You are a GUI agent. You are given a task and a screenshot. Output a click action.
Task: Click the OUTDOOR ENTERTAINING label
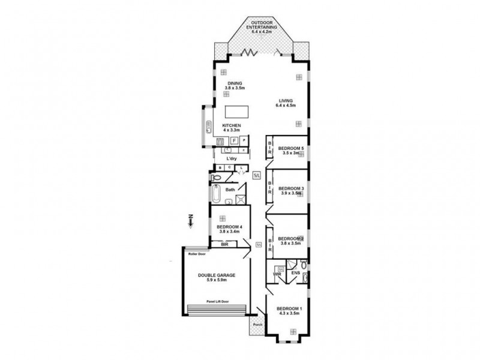pos(260,27)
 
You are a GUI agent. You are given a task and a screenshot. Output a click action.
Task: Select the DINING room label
pos(233,86)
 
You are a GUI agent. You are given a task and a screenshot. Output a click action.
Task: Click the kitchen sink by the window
pos(208,127)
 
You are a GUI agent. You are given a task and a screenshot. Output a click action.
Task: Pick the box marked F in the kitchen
pos(234,141)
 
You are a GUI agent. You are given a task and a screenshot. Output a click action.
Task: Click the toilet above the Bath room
pos(217,178)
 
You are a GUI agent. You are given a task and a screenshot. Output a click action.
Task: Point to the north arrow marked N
pos(190,221)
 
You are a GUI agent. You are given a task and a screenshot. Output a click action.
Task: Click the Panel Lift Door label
pos(217,301)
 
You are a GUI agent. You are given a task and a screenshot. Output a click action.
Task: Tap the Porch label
pos(257,325)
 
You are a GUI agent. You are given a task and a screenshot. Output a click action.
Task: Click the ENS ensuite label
pos(295,274)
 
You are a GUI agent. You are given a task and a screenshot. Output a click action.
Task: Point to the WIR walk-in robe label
pos(277,274)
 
